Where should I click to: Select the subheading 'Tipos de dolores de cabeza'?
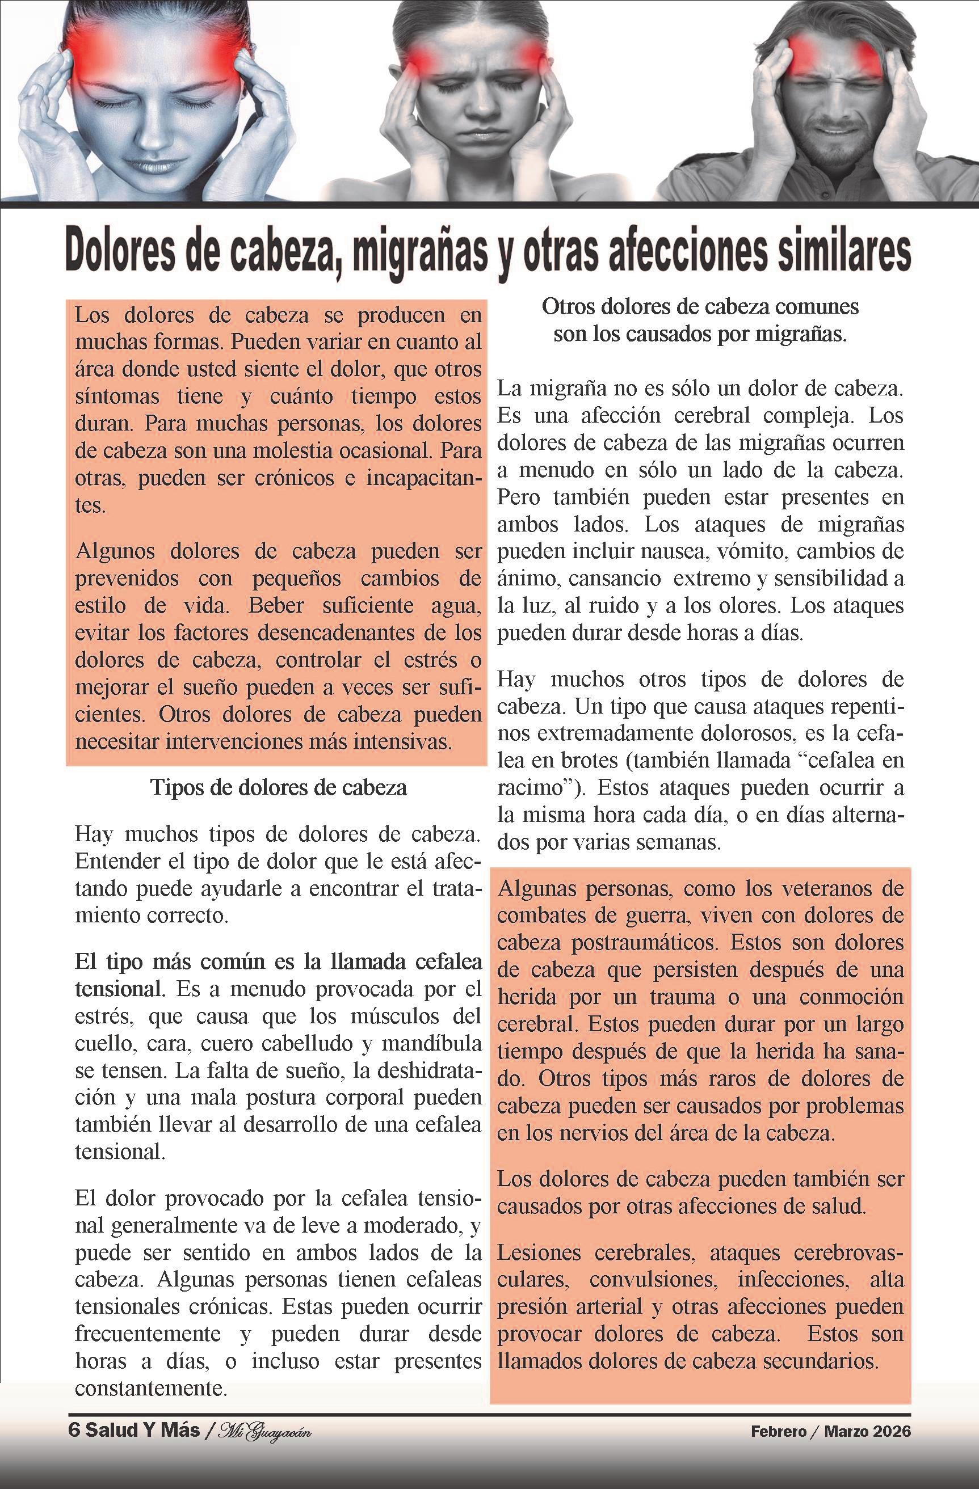279,787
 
